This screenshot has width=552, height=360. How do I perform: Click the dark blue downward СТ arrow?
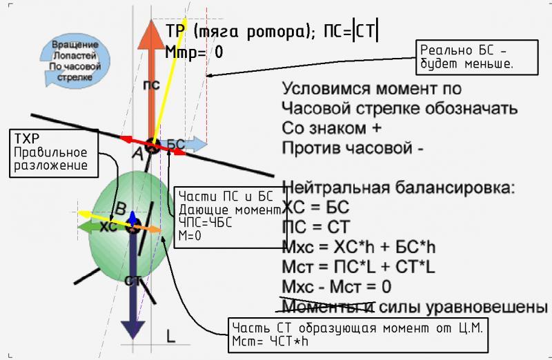132,290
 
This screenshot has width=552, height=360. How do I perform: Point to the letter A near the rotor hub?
137,157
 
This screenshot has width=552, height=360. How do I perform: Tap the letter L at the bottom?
171,336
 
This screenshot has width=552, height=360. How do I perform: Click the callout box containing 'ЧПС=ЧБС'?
228,214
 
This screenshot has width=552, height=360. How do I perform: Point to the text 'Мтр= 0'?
194,52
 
